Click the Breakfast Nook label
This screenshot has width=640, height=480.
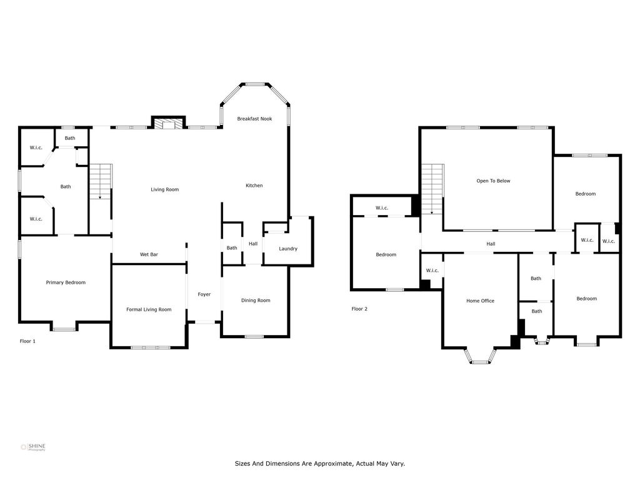(254, 119)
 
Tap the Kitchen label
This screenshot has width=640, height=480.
(254, 185)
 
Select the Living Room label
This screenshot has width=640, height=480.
(164, 189)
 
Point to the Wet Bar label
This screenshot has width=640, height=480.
(149, 254)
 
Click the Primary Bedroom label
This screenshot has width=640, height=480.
(66, 282)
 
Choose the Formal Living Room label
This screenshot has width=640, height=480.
(149, 309)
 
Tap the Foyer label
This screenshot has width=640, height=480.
(204, 294)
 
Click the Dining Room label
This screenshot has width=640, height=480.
(256, 301)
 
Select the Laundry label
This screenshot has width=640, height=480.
(288, 249)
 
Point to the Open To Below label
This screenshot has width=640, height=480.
(493, 181)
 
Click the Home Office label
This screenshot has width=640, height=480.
(480, 301)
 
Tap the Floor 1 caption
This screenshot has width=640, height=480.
(27, 341)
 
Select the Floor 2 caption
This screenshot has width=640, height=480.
(359, 309)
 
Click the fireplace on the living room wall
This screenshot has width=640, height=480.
(169, 122)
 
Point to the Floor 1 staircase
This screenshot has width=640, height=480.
(101, 181)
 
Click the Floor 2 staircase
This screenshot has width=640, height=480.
(432, 189)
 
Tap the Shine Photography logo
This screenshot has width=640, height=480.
(33, 447)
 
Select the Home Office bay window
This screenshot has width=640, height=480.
(480, 356)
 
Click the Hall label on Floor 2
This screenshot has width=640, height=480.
(491, 244)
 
